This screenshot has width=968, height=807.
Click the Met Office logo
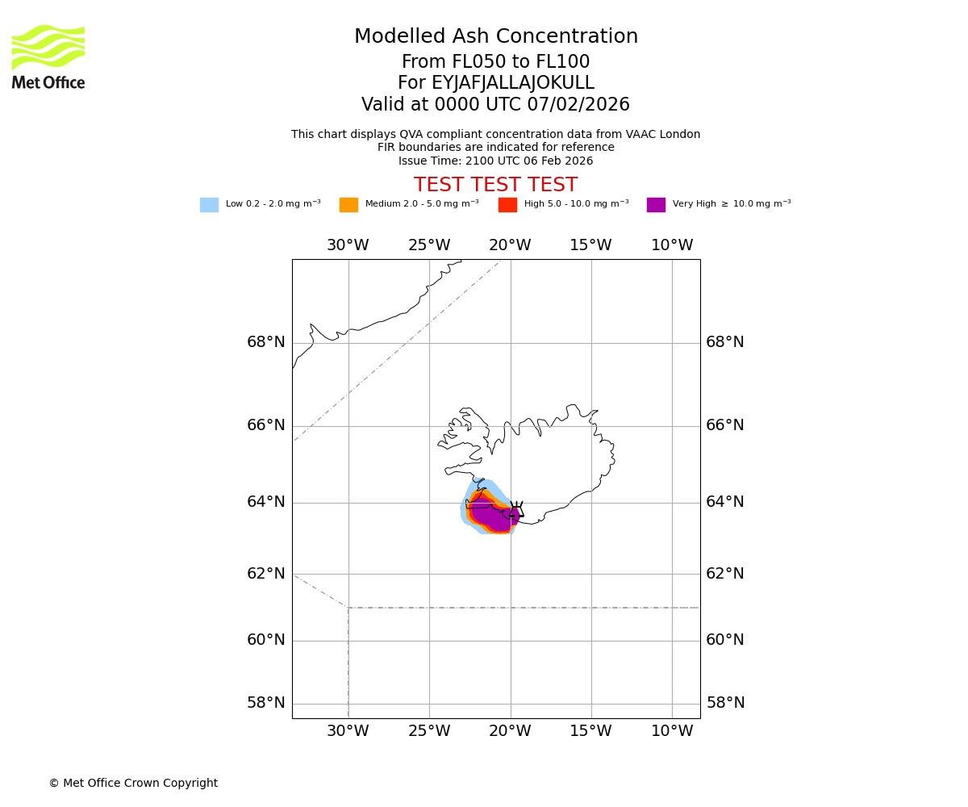[48, 56]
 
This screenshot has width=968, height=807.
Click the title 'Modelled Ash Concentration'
[496, 37]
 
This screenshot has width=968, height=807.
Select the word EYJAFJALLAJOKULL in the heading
[495, 83]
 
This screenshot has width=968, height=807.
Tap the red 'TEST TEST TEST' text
[495, 186]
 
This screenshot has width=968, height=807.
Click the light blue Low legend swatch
[209, 205]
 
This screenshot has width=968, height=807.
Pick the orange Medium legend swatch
[348, 205]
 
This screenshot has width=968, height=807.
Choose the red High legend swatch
[507, 205]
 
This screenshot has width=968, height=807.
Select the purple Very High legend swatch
[656, 205]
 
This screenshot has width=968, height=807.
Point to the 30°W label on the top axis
[348, 245]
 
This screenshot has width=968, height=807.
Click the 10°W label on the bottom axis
[672, 731]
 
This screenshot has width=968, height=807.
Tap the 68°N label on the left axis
[266, 342]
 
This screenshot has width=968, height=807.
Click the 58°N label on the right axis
[725, 703]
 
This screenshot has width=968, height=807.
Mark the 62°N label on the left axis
[266, 574]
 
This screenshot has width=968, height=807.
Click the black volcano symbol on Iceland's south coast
[516, 509]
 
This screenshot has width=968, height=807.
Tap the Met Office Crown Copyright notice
[133, 784]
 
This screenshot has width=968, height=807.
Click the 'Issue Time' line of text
[495, 161]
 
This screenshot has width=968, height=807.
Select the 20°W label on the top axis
[510, 245]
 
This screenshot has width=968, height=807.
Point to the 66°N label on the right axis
[725, 425]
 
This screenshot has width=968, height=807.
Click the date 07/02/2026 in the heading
[578, 105]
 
